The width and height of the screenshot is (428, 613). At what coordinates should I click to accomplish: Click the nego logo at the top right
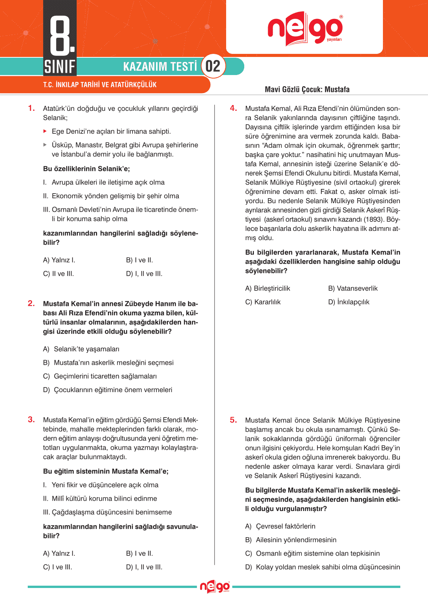tap(305, 29)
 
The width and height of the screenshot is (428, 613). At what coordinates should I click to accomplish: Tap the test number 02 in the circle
tap(213, 66)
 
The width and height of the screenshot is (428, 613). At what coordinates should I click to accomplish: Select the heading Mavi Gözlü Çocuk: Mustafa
tap(307, 90)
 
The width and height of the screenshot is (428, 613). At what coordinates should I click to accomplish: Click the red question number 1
tap(32, 108)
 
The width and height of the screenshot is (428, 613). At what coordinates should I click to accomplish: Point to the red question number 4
tap(233, 108)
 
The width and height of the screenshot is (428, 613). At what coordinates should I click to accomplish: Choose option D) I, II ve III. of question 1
tap(144, 274)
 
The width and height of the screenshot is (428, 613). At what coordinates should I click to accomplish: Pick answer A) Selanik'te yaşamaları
tap(81, 349)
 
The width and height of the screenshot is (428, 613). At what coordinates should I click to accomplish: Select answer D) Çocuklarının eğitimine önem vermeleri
tap(107, 390)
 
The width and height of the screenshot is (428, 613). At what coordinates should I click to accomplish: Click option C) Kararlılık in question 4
tap(263, 302)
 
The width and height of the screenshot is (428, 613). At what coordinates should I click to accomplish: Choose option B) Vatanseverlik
tap(353, 288)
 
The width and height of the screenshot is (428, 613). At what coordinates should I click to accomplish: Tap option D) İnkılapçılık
tap(349, 302)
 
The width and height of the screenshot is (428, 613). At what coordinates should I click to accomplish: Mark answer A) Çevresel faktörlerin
tap(280, 526)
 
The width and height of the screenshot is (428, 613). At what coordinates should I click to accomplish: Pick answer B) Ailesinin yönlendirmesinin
tap(291, 540)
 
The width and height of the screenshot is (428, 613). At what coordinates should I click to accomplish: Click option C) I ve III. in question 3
tap(58, 567)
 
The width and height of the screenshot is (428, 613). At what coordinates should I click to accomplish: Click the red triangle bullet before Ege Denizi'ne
tap(45, 131)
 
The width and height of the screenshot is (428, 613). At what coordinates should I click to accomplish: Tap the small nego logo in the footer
tap(215, 587)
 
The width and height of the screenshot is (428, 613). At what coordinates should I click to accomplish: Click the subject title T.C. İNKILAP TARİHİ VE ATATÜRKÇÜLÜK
tap(100, 85)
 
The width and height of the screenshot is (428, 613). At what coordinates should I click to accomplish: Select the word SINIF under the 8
tap(60, 67)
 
